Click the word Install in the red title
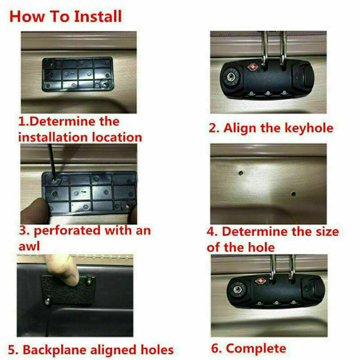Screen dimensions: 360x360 pos(98,16)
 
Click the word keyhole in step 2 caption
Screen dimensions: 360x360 pos(309,128)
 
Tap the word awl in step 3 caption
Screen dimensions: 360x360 pos(29,246)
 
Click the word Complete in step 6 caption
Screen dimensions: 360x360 pos(256,348)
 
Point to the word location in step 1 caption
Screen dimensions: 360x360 pos(117,137)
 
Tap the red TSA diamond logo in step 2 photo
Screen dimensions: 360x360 pos(253,67)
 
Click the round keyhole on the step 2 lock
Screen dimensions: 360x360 pos(231,76)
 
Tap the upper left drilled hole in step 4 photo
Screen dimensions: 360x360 pos(241,173)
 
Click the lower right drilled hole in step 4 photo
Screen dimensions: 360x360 pos(293,194)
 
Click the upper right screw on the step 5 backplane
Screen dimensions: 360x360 pos(90,280)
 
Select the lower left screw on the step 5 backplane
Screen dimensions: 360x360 pos(48,301)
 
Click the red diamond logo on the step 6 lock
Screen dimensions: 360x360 pos(261,281)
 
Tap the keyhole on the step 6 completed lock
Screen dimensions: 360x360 pos(238,289)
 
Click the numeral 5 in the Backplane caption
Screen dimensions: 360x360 pos(12,350)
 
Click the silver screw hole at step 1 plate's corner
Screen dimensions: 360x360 pos(104,85)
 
